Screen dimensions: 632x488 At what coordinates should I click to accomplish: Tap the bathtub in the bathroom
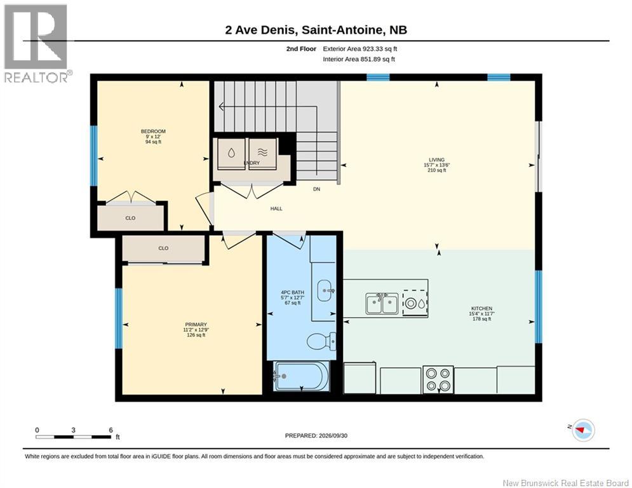click(301, 376)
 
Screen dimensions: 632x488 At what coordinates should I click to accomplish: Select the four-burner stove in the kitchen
click(438, 379)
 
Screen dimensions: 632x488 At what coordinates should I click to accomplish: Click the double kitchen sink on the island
click(382, 304)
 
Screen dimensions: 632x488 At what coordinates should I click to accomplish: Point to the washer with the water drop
click(231, 153)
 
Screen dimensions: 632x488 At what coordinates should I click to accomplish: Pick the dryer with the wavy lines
click(262, 153)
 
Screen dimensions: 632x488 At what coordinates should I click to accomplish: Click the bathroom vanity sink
click(326, 290)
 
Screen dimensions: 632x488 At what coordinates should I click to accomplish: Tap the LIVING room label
click(436, 159)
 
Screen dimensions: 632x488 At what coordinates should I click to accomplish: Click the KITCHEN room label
click(481, 309)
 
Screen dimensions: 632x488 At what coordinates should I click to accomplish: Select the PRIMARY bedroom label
click(196, 324)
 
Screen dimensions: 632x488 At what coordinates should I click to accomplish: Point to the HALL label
click(276, 208)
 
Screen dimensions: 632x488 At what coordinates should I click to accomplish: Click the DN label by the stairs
click(317, 189)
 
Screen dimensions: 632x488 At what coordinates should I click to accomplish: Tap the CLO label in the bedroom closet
click(130, 218)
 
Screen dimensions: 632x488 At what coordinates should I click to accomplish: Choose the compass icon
click(583, 430)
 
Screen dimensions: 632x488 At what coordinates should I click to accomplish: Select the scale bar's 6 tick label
click(111, 430)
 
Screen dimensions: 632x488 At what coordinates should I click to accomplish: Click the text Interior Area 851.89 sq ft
click(359, 59)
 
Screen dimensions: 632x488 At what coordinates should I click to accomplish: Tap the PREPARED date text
click(316, 435)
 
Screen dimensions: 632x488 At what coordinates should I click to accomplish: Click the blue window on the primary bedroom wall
click(119, 318)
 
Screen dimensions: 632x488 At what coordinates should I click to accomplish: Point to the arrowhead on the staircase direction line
click(221, 107)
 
